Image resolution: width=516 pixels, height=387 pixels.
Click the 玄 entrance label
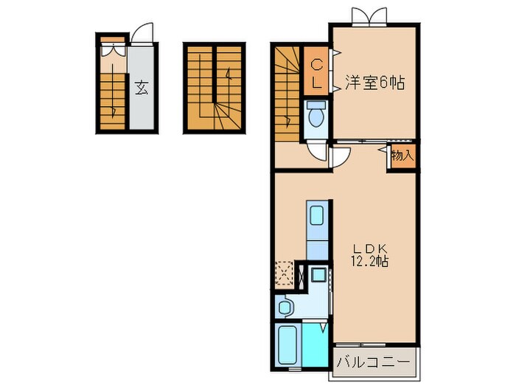pyautogui.click(x=141, y=87)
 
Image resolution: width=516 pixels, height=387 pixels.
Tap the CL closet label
pyautogui.click(x=315, y=72)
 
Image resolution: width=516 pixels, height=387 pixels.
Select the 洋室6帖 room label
pyautogui.click(x=374, y=83)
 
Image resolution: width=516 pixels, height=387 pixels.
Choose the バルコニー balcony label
pyautogui.click(x=373, y=362)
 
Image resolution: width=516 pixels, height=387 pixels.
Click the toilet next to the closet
pyautogui.click(x=317, y=116)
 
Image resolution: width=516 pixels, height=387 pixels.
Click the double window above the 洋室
pyautogui.click(x=368, y=15)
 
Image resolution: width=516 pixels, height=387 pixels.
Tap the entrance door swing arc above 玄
pyautogui.click(x=144, y=35)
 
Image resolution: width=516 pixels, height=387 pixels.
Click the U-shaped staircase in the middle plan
pyautogui.click(x=215, y=89)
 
